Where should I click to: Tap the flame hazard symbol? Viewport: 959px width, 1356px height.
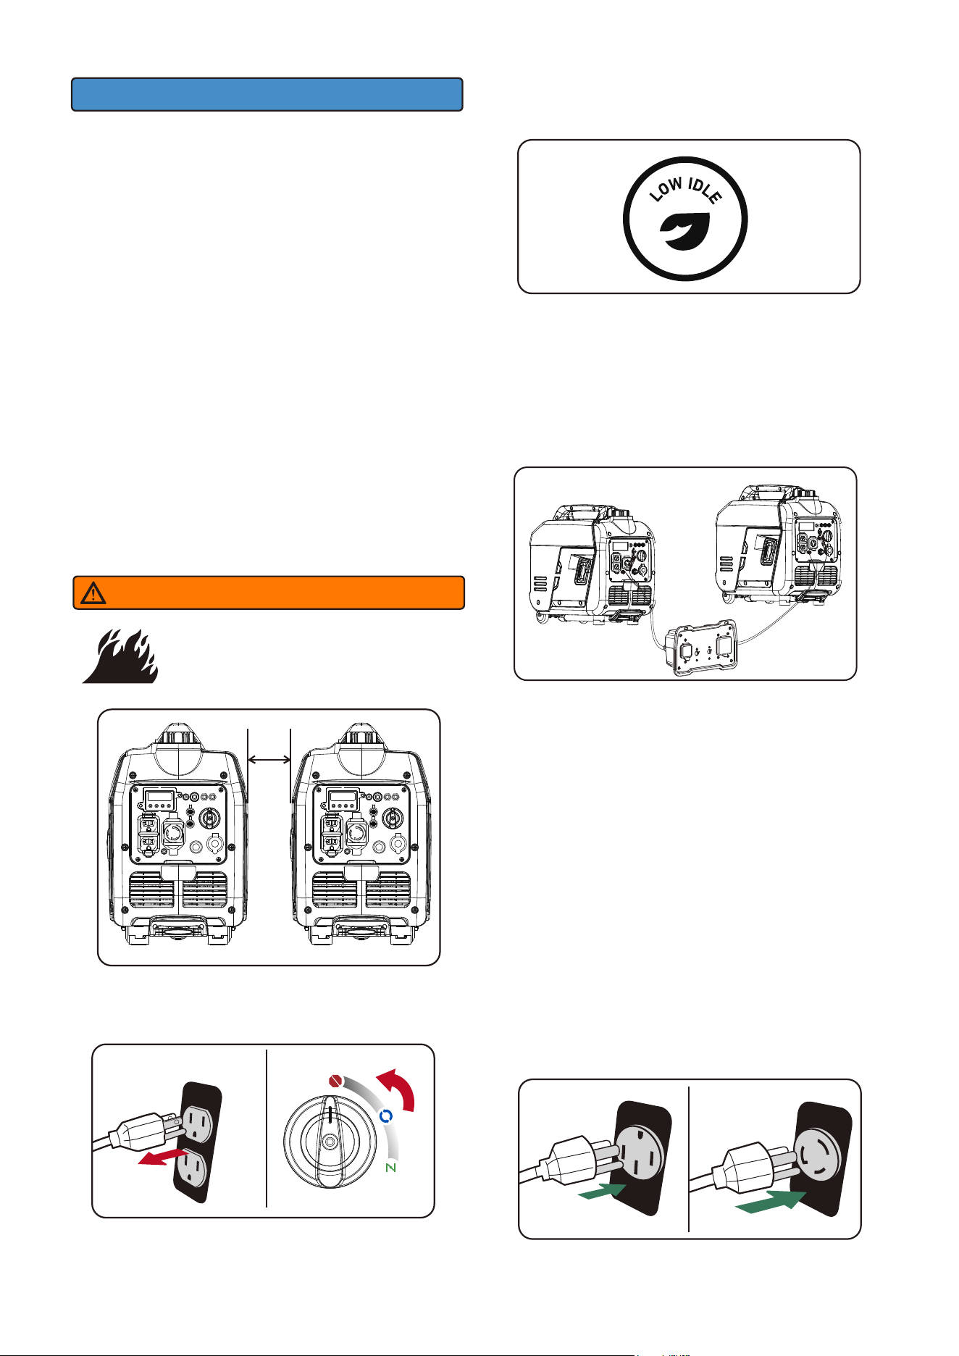click(x=120, y=656)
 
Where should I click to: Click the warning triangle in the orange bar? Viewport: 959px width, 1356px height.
click(x=93, y=593)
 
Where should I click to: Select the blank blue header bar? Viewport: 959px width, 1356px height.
click(x=267, y=94)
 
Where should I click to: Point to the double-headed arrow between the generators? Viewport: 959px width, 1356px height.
click(x=269, y=760)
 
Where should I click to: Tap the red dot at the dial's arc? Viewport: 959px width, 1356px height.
click(x=335, y=1081)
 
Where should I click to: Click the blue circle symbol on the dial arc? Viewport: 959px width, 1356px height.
click(x=385, y=1116)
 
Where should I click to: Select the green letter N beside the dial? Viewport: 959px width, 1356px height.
click(x=391, y=1168)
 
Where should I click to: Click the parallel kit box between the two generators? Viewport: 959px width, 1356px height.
click(x=702, y=648)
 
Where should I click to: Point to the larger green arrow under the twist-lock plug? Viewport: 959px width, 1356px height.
click(x=771, y=1204)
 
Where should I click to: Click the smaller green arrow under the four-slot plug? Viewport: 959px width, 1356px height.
click(x=602, y=1191)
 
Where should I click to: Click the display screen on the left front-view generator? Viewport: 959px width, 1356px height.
click(x=160, y=800)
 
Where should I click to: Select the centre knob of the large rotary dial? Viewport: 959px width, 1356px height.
click(x=330, y=1141)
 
